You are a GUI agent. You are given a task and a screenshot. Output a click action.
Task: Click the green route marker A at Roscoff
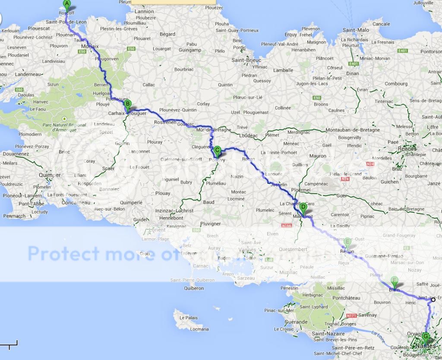click(x=66, y=4)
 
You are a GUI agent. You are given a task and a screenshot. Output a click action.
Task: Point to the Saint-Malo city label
click(x=356, y=30)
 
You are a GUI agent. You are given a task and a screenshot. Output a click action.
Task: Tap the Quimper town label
click(x=50, y=175)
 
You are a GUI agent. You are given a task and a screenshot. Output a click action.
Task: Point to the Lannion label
click(x=144, y=11)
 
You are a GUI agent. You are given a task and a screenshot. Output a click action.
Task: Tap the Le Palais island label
click(x=188, y=318)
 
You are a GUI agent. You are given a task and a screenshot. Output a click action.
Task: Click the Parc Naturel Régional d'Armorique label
click(x=64, y=128)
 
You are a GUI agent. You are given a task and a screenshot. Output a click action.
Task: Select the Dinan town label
click(x=341, y=73)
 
